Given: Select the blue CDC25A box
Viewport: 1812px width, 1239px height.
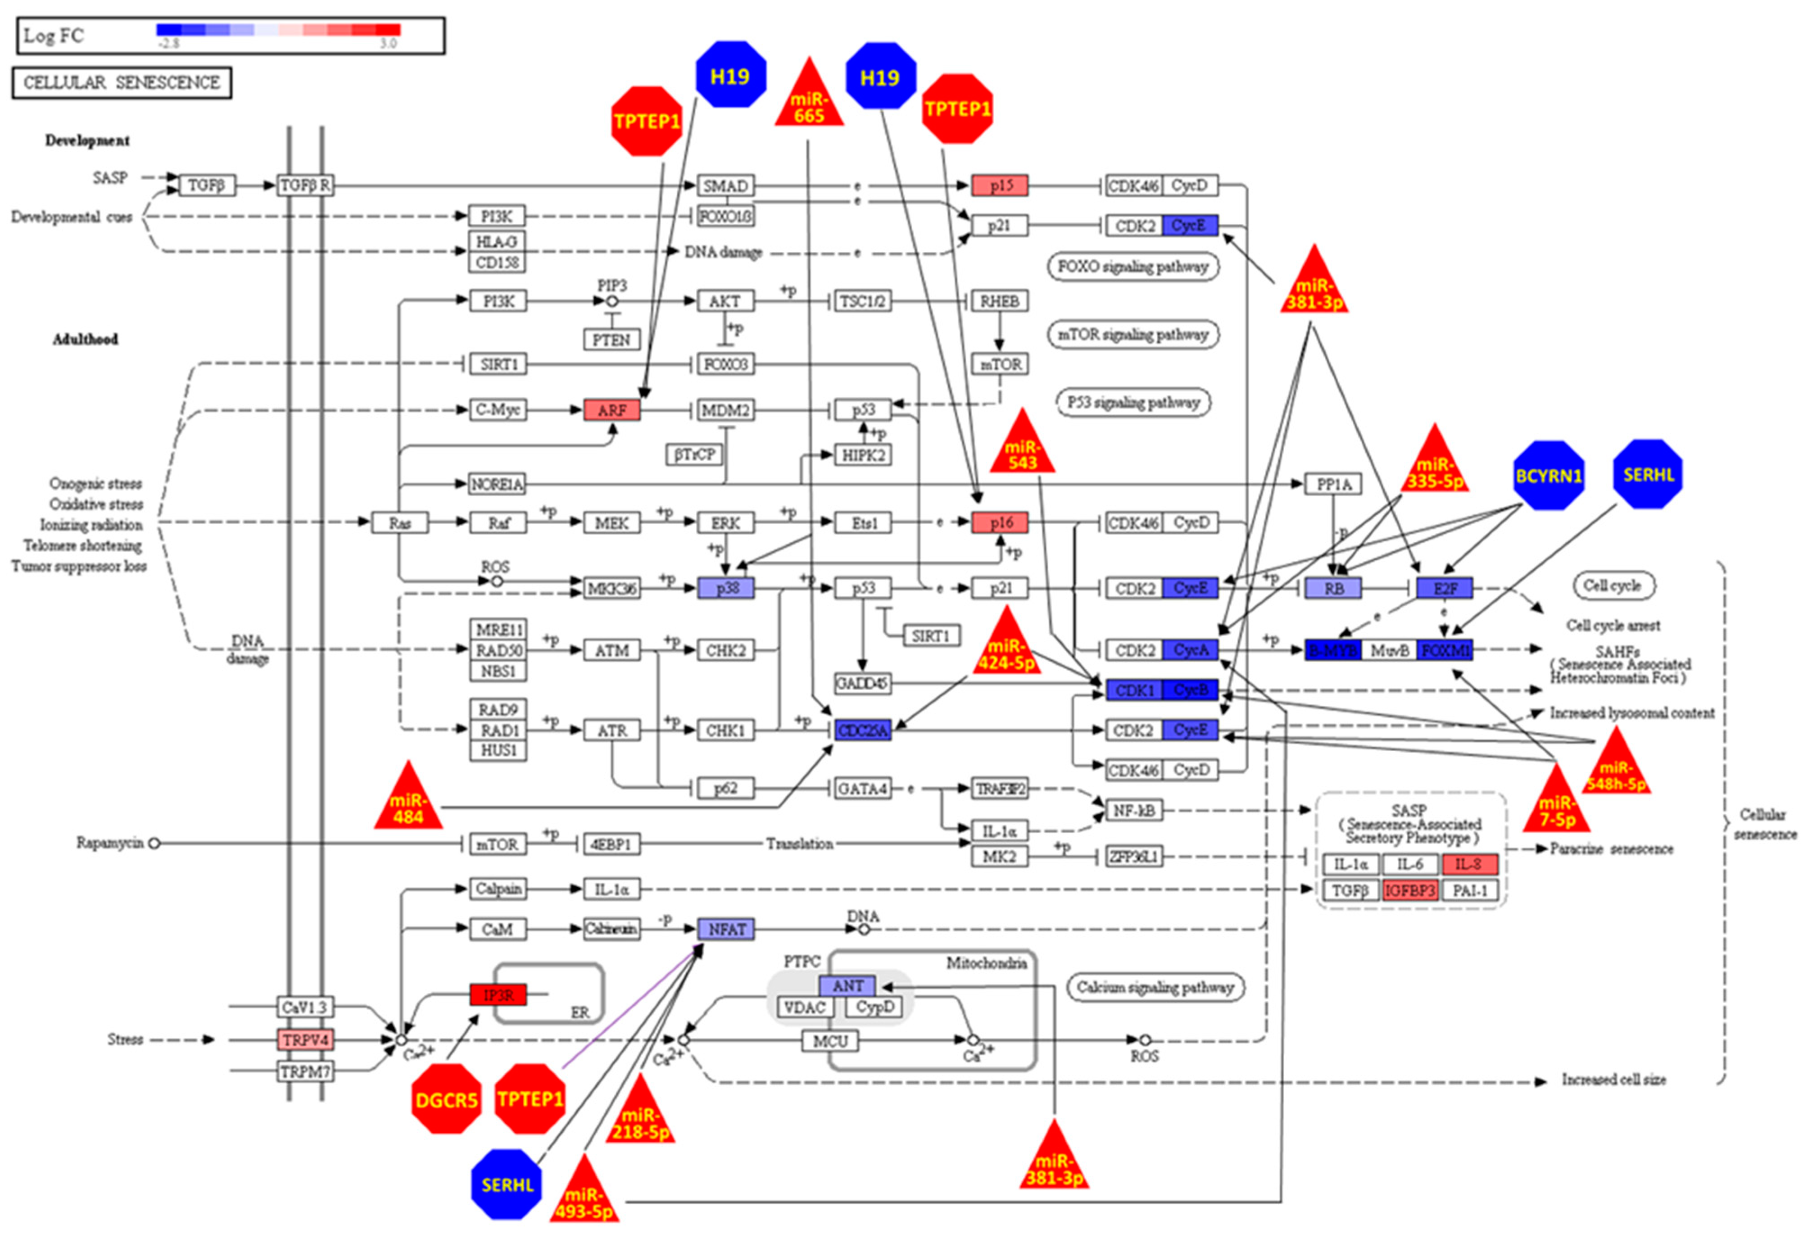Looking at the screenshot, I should coord(862,731).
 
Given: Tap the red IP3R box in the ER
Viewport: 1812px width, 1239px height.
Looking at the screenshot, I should coord(498,995).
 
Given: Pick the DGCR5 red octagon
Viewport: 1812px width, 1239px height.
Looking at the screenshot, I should coord(447,1099).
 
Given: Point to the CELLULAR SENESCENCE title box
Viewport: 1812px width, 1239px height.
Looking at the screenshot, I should coord(122,83).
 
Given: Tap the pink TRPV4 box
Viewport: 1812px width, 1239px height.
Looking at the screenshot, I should coord(305,1039).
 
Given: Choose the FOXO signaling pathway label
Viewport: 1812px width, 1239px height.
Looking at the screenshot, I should coord(1133,267).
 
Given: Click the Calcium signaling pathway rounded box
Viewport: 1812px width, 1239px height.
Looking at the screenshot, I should coord(1155,987).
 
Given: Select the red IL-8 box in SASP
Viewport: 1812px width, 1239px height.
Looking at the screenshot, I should coord(1469,864).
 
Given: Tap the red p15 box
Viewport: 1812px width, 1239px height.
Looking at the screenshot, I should coord(1000,186).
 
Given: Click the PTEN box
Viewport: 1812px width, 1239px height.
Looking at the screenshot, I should coord(611,340).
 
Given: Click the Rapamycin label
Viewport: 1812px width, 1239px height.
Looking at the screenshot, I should coord(109,843).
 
